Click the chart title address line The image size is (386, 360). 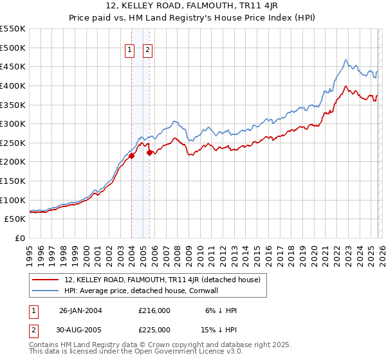click(x=192, y=6)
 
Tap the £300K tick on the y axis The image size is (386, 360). click(x=12, y=123)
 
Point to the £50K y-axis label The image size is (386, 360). click(x=15, y=219)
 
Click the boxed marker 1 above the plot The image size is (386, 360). click(x=129, y=50)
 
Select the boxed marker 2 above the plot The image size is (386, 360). click(x=147, y=50)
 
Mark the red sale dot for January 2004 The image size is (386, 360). click(x=132, y=156)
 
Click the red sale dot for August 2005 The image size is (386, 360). click(x=149, y=152)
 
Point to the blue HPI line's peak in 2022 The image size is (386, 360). click(x=345, y=60)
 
